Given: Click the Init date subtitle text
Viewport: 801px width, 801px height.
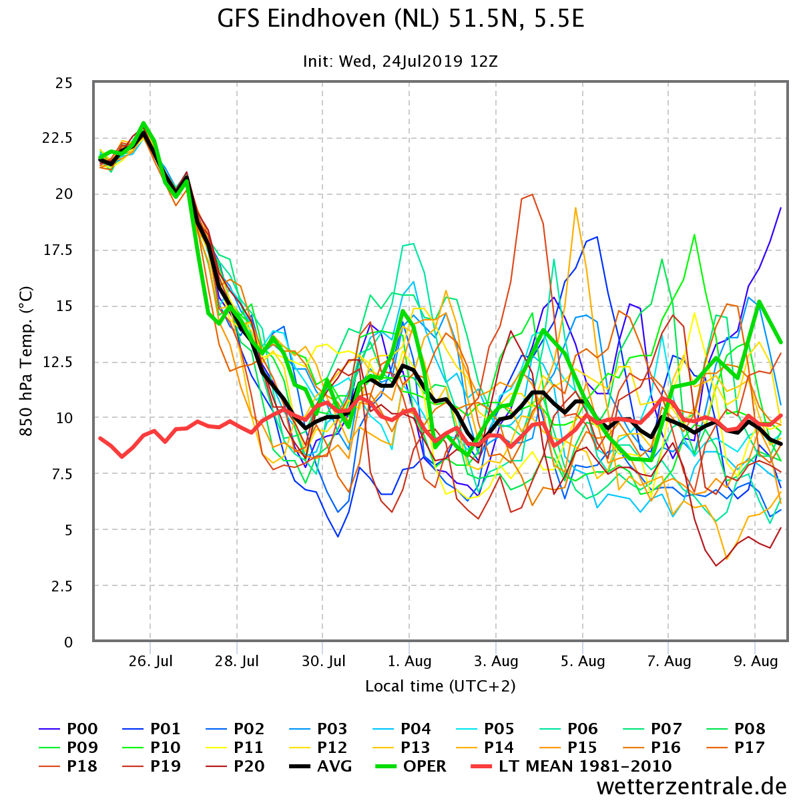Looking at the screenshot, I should point(400,61).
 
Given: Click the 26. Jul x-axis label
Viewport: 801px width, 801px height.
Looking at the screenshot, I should point(151,661).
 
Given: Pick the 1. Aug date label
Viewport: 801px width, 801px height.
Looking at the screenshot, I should point(410,661).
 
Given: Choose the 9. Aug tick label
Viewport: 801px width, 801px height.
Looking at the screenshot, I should point(756,661).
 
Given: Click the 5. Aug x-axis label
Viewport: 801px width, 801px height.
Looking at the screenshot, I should point(583,661).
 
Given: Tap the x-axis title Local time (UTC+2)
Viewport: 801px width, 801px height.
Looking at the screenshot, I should point(440,686).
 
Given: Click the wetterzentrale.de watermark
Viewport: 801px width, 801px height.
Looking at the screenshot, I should point(692,787).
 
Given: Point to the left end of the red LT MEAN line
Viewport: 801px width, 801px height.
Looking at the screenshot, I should point(100,439).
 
